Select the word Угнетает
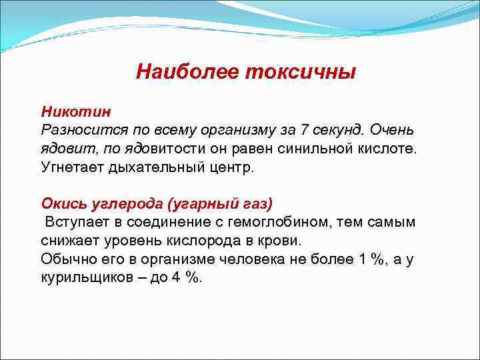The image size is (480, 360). [x=70, y=167]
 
